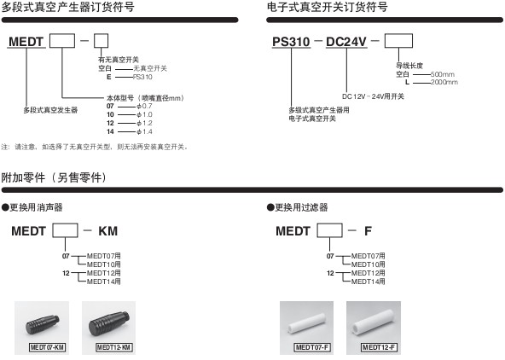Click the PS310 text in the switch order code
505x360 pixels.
click(x=291, y=42)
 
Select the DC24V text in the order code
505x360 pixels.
click(x=346, y=42)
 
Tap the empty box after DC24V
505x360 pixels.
click(x=398, y=41)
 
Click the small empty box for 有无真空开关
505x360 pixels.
click(x=101, y=41)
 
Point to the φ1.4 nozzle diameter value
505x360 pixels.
click(x=144, y=131)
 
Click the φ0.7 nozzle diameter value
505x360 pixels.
click(x=144, y=106)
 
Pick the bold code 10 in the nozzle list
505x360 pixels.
click(x=110, y=114)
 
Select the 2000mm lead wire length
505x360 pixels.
click(x=444, y=82)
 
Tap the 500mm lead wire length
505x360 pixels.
click(x=443, y=74)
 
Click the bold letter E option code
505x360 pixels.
click(x=109, y=77)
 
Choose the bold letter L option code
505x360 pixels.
click(x=407, y=82)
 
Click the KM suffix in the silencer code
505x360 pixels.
click(x=107, y=231)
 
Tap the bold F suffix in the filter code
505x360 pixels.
click(x=368, y=231)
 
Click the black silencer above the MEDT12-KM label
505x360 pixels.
click(x=109, y=323)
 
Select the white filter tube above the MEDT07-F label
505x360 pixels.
click(x=306, y=324)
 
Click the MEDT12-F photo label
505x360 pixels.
click(x=380, y=347)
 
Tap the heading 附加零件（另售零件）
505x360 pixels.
click(x=54, y=177)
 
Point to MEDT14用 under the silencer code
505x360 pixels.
click(x=104, y=282)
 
